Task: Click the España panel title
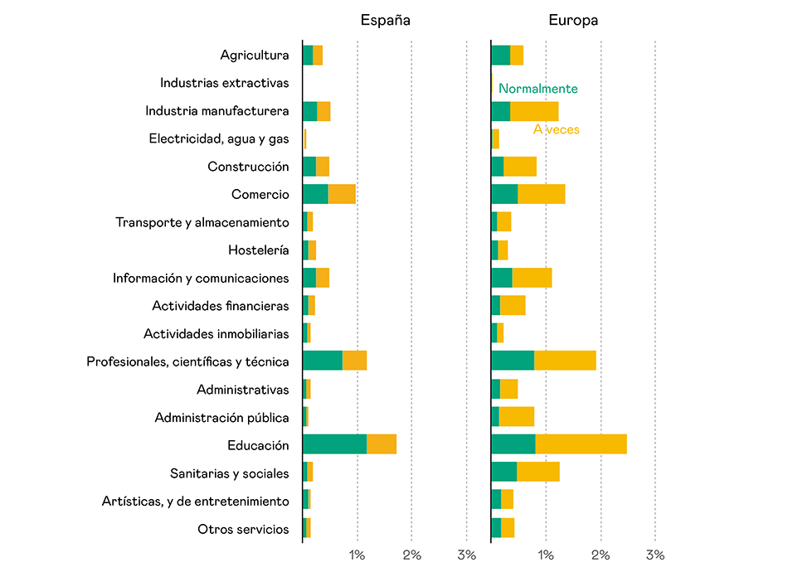click(385, 20)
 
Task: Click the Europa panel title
click(573, 20)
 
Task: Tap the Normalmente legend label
click(537, 89)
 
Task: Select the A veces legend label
click(556, 129)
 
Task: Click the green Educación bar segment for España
click(334, 444)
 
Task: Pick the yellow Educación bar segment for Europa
click(581, 444)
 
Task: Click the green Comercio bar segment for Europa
click(504, 194)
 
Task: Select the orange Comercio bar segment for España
click(342, 194)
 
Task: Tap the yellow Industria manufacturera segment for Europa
click(534, 111)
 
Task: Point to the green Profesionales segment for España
click(323, 361)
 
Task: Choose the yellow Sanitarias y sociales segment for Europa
click(537, 473)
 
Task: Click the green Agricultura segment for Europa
click(500, 55)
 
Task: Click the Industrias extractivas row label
click(224, 83)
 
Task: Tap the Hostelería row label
click(258, 250)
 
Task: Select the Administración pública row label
click(221, 417)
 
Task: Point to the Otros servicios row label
click(243, 529)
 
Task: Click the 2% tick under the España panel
click(411, 555)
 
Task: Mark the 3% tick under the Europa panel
click(655, 555)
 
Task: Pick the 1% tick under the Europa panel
click(546, 555)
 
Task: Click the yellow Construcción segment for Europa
click(520, 166)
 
